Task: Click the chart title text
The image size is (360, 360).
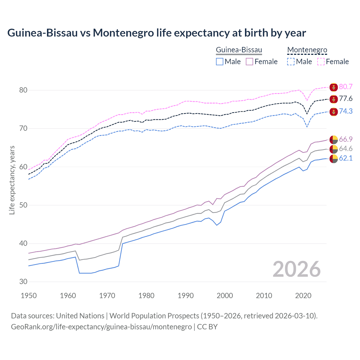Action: (156, 33)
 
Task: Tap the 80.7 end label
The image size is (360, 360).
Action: (346, 87)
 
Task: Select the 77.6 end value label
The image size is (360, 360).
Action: (346, 99)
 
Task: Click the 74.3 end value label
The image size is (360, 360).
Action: (346, 111)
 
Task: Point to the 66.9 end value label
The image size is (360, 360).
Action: (346, 139)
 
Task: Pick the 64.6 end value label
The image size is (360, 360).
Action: (346, 149)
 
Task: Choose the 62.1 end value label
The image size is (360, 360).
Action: (346, 158)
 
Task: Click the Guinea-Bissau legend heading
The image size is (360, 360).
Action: (239, 50)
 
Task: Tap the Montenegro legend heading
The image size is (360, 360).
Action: (307, 50)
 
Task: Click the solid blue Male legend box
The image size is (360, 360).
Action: (220, 62)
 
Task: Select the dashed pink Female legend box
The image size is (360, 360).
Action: (321, 62)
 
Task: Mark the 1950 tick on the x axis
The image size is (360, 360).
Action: (29, 296)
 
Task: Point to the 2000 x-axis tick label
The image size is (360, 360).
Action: (225, 296)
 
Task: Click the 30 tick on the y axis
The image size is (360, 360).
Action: (23, 282)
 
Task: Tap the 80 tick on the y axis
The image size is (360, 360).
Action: (23, 90)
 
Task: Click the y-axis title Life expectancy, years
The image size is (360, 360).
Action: (12, 180)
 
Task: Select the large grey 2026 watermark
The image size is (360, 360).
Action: (296, 269)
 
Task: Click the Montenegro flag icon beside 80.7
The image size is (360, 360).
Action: (334, 87)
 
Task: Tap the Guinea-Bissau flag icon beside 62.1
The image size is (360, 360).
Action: (334, 159)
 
